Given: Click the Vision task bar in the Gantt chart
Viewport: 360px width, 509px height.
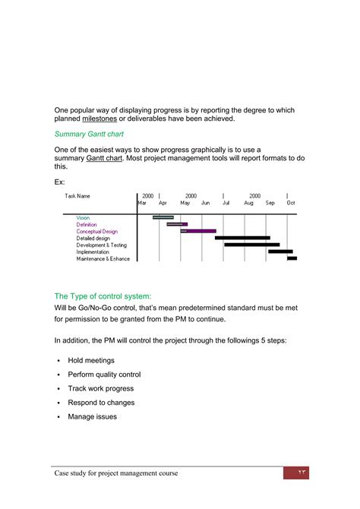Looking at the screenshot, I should pyautogui.click(x=163, y=217).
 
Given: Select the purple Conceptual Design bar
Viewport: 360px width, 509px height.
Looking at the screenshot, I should pyautogui.click(x=198, y=231).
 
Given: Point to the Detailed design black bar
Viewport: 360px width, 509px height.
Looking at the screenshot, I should pyautogui.click(x=242, y=238).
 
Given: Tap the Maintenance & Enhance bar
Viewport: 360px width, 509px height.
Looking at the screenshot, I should pyautogui.click(x=292, y=258).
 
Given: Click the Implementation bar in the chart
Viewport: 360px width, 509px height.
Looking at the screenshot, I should pyautogui.click(x=280, y=251).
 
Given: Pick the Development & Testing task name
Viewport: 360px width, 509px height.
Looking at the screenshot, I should pyautogui.click(x=102, y=245).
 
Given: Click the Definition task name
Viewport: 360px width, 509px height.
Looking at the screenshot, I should pyautogui.click(x=87, y=224).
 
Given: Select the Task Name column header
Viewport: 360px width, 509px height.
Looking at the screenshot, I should pyautogui.click(x=77, y=196).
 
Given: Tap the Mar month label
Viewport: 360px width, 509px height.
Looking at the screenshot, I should pyautogui.click(x=142, y=204).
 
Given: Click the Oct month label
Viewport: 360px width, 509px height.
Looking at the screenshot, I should pyautogui.click(x=290, y=204).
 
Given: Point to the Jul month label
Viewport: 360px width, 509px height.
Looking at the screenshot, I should pyautogui.click(x=226, y=204).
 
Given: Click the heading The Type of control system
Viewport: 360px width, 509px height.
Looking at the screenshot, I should pyautogui.click(x=103, y=296).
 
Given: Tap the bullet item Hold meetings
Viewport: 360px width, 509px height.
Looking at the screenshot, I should pyautogui.click(x=91, y=360).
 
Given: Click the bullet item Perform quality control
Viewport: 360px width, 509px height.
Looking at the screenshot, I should pyautogui.click(x=104, y=375).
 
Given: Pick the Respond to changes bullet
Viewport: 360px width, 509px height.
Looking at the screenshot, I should pyautogui.click(x=101, y=403).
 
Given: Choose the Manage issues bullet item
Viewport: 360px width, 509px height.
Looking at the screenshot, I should pyautogui.click(x=93, y=417).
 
